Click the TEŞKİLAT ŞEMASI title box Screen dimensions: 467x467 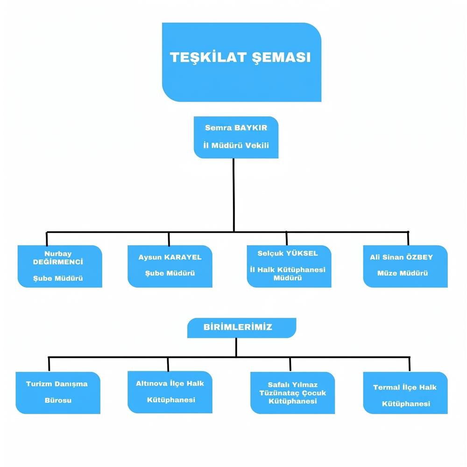[241, 62]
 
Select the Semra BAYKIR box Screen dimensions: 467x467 [236, 137]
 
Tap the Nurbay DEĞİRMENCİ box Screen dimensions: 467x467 [60, 266]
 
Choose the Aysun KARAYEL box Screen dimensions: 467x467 [170, 266]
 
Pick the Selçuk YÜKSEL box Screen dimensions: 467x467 [289, 266]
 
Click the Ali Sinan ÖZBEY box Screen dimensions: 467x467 [405, 266]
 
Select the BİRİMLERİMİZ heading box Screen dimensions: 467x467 [241, 327]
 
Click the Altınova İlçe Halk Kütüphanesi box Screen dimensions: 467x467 [170, 393]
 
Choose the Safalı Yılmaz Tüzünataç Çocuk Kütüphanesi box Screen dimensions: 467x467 [293, 393]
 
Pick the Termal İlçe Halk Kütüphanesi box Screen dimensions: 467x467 [405, 393]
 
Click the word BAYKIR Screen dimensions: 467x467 [250, 127]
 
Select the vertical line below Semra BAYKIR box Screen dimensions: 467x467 [233, 194]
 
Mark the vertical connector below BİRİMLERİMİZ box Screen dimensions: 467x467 [236, 347]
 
